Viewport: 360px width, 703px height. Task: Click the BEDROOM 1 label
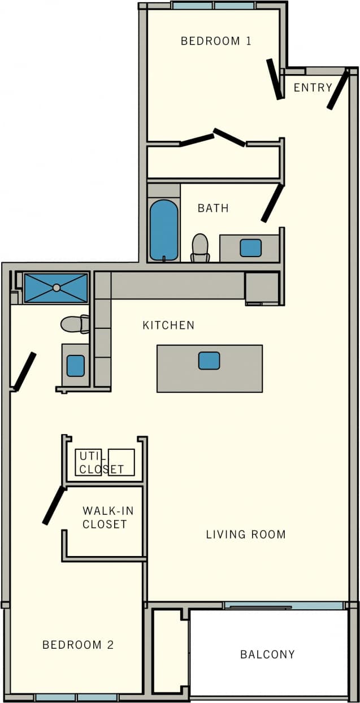216,41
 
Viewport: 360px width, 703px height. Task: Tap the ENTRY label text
313,88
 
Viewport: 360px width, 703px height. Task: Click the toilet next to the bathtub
200,248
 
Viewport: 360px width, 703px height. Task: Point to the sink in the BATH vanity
250,248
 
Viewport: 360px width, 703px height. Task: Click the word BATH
213,209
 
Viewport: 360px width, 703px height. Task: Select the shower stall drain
56,288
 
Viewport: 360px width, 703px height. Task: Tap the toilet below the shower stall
75,324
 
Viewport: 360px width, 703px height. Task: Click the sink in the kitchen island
209,361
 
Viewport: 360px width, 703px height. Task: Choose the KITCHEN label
168,326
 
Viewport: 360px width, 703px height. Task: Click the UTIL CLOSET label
101,463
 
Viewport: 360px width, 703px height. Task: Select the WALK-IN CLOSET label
108,518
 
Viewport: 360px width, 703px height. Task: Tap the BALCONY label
267,654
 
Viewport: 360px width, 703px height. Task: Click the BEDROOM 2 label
78,645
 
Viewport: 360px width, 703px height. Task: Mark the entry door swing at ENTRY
338,90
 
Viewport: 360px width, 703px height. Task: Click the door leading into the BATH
272,203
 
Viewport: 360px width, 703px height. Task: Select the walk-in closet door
54,505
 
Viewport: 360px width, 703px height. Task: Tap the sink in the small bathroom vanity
75,366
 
